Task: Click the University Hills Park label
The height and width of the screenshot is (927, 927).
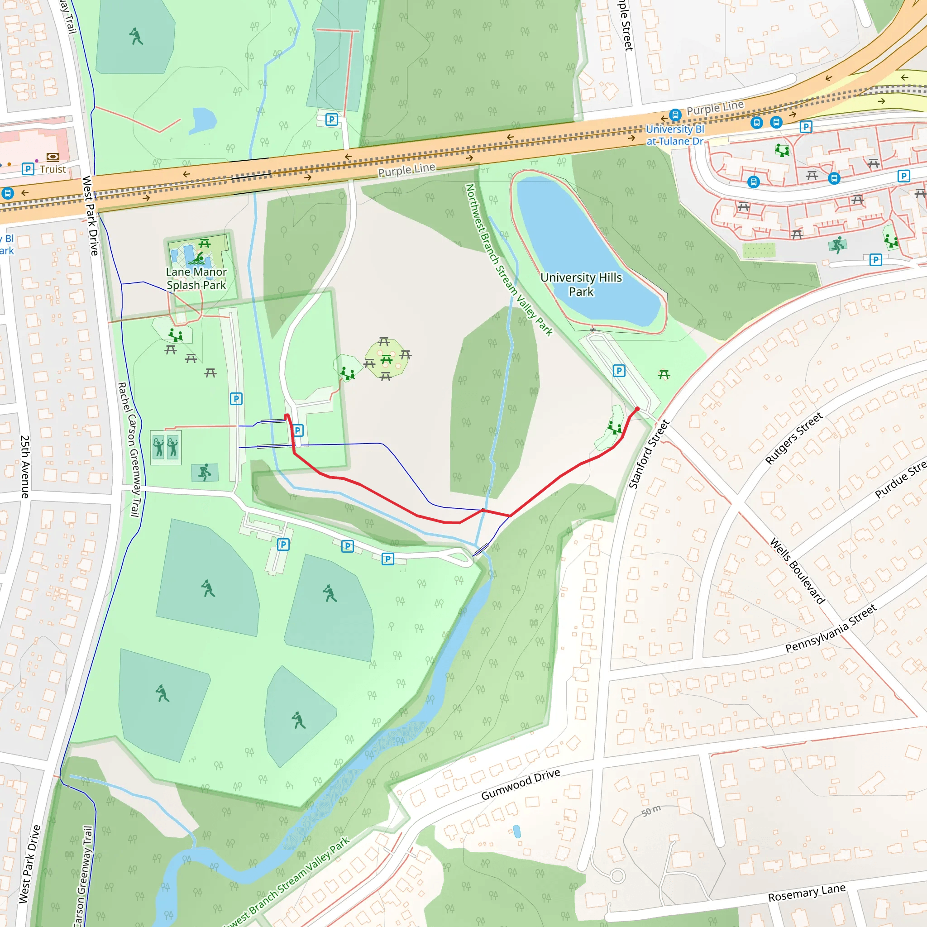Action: (x=581, y=285)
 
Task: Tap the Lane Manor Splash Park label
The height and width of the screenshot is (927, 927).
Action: (x=196, y=278)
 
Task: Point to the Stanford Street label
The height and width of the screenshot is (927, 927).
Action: (x=649, y=454)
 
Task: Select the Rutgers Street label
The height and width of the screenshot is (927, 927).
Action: (x=793, y=438)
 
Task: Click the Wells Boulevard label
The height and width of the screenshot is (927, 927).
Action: (x=797, y=571)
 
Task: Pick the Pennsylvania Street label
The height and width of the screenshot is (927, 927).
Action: (x=831, y=628)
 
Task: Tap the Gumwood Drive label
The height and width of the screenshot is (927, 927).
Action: (x=521, y=784)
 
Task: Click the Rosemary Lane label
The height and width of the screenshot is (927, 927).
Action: (x=807, y=894)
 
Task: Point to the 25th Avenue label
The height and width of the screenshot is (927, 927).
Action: (x=25, y=466)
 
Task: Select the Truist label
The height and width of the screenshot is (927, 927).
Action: (x=53, y=169)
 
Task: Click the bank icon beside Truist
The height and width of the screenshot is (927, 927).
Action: (x=53, y=157)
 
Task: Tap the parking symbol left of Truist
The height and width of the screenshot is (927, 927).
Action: (x=28, y=169)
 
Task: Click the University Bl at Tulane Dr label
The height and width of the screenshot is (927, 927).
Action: (x=674, y=135)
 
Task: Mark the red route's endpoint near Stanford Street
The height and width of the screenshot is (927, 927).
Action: (x=637, y=409)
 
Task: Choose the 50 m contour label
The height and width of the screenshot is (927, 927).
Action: (x=651, y=811)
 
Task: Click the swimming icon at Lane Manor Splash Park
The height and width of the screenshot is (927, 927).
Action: (x=197, y=258)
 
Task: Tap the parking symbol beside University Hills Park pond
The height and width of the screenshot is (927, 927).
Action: (x=619, y=370)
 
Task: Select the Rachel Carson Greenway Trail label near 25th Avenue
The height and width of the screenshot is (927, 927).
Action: (x=129, y=449)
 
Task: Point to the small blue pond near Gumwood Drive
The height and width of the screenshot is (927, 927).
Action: (x=517, y=831)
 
